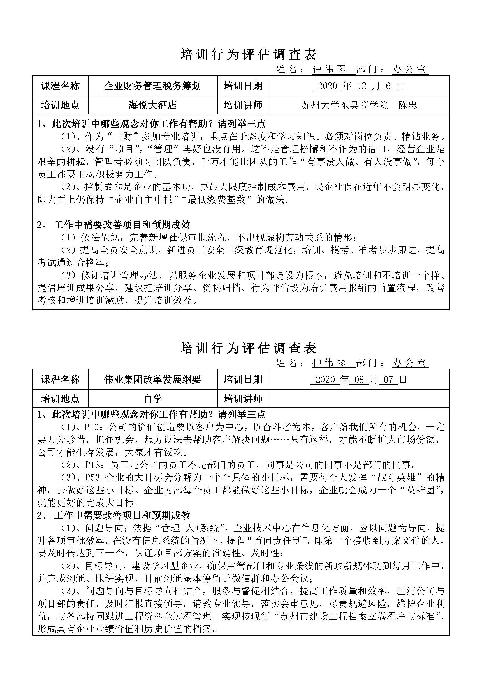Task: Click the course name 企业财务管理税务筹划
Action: tap(152, 86)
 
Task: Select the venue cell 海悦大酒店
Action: tap(152, 105)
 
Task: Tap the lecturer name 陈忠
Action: tap(407, 105)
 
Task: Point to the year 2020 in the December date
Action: tap(327, 86)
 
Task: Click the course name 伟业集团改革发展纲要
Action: tap(152, 379)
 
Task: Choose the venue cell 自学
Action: tap(152, 399)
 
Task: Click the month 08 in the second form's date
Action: tap(359, 380)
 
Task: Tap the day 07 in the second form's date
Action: tap(388, 380)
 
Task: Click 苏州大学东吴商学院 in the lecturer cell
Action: tap(344, 105)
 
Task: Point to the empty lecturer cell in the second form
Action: tap(358, 399)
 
